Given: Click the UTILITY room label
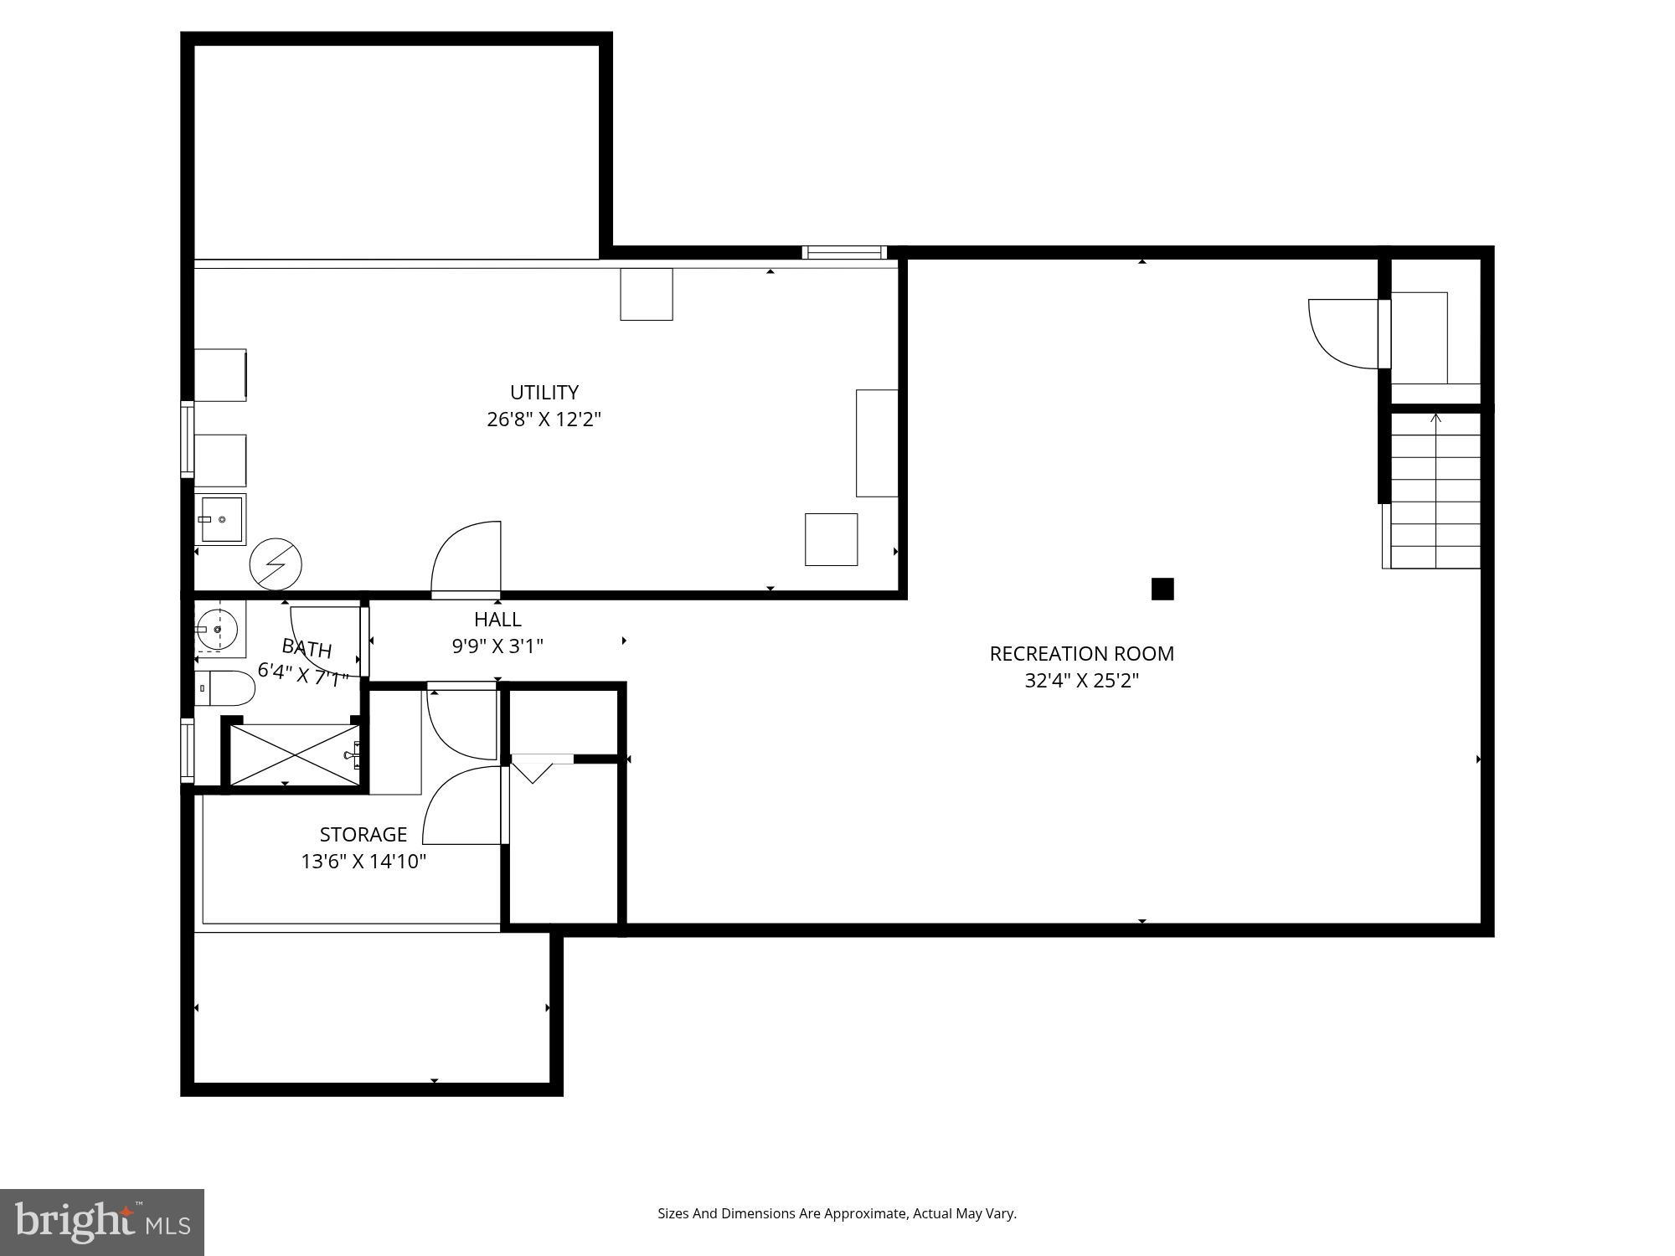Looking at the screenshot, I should [x=544, y=393].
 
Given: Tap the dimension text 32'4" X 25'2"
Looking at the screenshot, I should [x=1081, y=681].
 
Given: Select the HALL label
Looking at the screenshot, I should [x=497, y=620].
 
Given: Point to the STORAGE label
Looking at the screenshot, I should [x=363, y=835].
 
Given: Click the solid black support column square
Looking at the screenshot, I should [x=1162, y=589].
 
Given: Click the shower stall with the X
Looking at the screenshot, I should [x=294, y=755].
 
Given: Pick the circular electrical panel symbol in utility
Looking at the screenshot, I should [x=276, y=564].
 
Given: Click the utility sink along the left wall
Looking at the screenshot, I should [x=221, y=519].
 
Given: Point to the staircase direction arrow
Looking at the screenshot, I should [x=1436, y=419].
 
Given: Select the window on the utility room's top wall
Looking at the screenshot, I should [x=843, y=252].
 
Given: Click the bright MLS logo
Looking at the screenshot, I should [x=101, y=1222].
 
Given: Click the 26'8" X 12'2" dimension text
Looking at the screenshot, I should [x=544, y=420].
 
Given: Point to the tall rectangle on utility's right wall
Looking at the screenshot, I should [x=877, y=443].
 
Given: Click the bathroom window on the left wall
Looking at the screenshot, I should [x=188, y=751].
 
